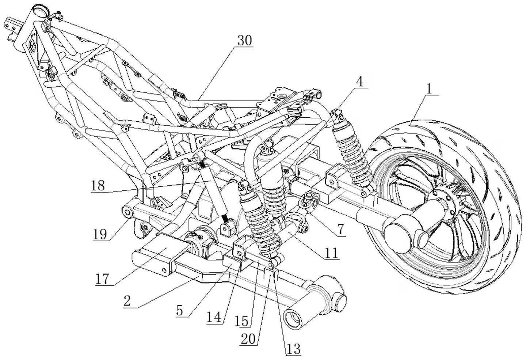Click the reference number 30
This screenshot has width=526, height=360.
click(x=244, y=41)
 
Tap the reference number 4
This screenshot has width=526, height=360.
click(x=360, y=82)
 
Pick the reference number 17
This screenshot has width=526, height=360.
click(x=102, y=279)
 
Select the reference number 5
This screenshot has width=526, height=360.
click(x=180, y=310)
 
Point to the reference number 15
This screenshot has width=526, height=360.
click(x=242, y=321)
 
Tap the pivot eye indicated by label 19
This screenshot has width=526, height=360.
click(x=126, y=211)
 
